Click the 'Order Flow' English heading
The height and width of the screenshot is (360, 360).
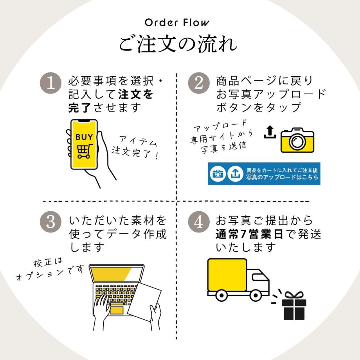[x=177, y=22]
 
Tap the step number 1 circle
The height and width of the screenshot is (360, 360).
[x=51, y=84]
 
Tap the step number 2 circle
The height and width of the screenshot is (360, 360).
[x=199, y=84]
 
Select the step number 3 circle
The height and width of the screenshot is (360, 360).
[x=51, y=222]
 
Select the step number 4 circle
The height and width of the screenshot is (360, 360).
[x=199, y=222]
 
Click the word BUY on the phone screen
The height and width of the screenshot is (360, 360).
[x=84, y=137]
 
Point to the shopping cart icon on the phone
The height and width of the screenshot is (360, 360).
[x=84, y=151]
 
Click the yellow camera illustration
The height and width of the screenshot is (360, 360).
[x=297, y=139]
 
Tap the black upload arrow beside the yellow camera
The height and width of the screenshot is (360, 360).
[x=270, y=132]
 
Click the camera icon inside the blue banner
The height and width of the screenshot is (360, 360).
[x=218, y=174]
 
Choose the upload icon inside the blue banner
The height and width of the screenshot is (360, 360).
[x=235, y=174]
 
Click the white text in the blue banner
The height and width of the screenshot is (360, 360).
[x=282, y=174]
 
